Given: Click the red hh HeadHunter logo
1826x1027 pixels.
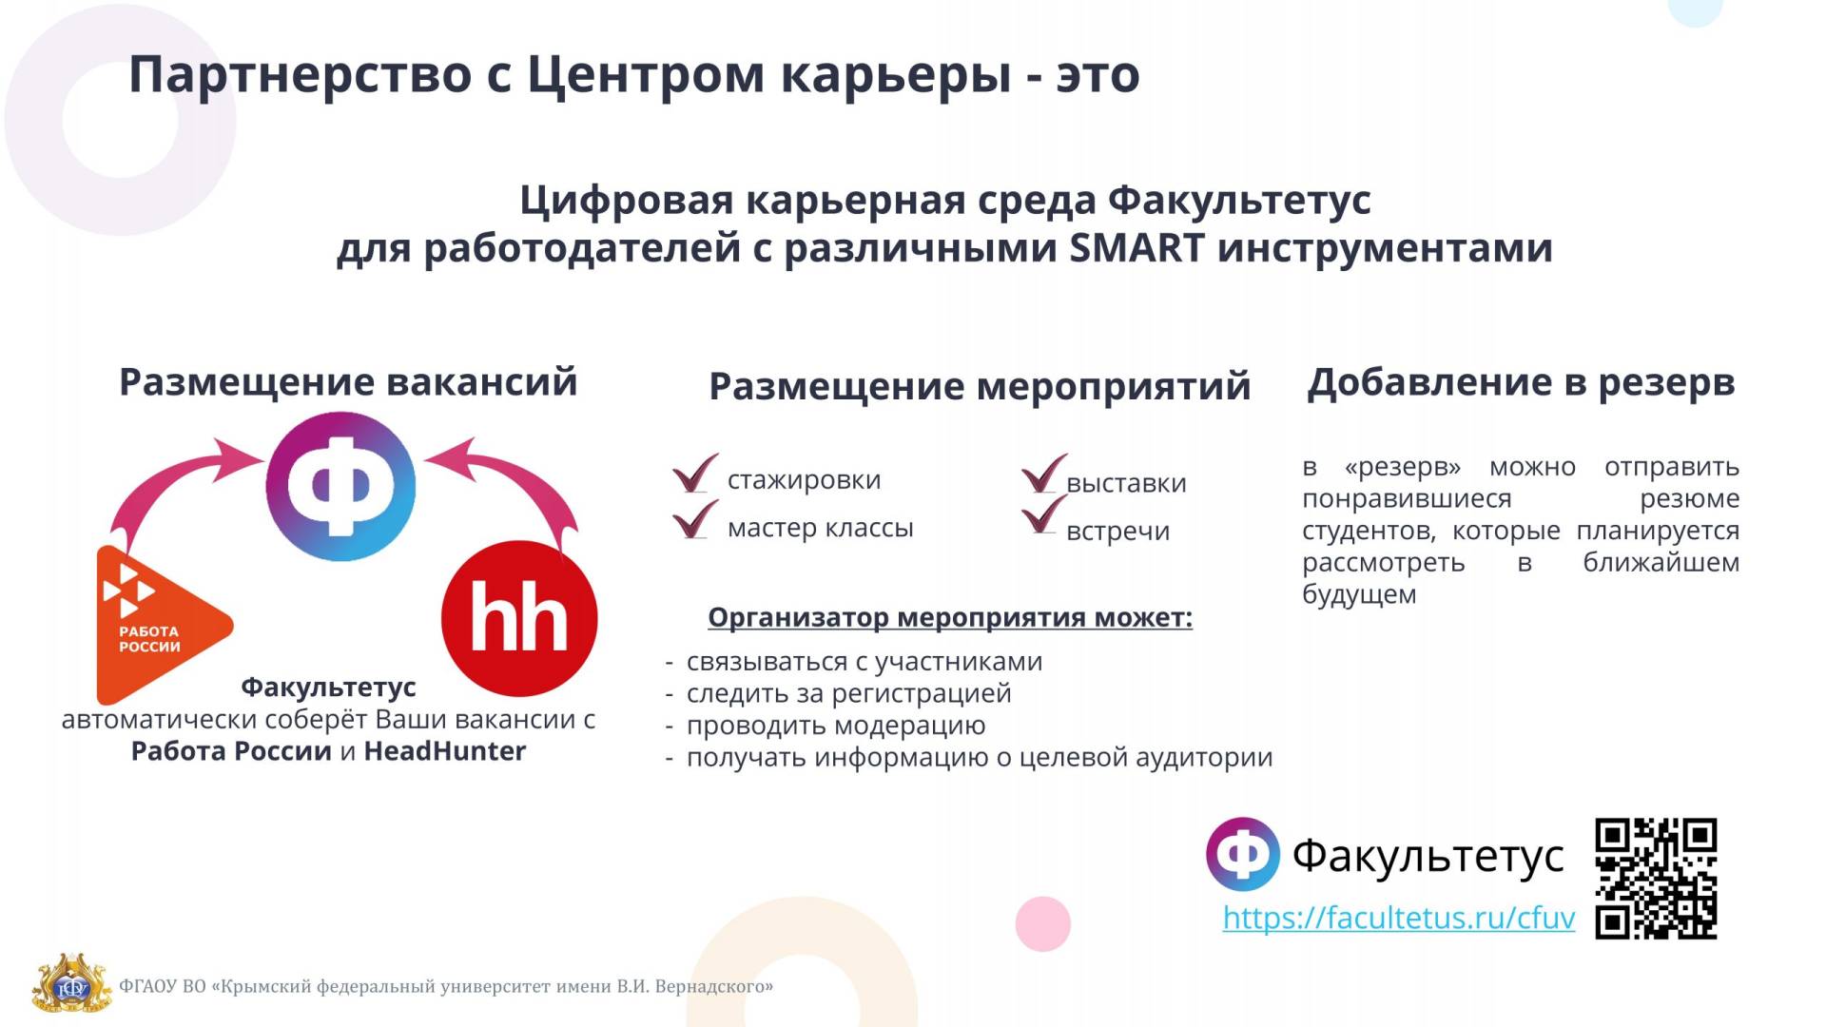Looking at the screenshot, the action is (x=519, y=619).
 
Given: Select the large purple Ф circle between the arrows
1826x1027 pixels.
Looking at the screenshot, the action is (x=340, y=487).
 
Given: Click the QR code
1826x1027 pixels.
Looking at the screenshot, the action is (x=1656, y=879).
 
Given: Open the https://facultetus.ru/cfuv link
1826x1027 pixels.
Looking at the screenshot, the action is (x=1399, y=918).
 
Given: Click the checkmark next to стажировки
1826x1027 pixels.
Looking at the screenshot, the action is (x=695, y=473).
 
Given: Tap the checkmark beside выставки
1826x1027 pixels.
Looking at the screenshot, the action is (x=1044, y=474).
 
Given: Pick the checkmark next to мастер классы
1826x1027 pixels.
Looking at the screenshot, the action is (x=695, y=519).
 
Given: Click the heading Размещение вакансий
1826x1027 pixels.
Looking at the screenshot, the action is (x=348, y=382).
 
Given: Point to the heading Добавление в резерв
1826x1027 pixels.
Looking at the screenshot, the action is (x=1521, y=382).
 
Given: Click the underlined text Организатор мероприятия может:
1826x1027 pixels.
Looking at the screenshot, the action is (x=950, y=617).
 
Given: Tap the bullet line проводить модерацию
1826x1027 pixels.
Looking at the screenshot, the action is (x=836, y=726).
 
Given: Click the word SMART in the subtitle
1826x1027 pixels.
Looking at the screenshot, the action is (x=1137, y=248).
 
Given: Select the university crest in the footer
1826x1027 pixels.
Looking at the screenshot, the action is (x=71, y=984).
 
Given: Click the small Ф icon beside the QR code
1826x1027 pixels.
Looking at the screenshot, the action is (x=1243, y=854).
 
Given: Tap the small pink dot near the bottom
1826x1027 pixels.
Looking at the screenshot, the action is (x=1043, y=923).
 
